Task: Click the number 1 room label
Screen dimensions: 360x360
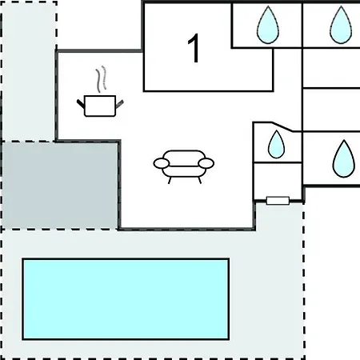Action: (194, 48)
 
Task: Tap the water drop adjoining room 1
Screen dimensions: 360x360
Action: (268, 25)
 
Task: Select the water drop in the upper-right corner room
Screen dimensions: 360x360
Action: (341, 25)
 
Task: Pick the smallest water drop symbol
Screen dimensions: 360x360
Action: (276, 144)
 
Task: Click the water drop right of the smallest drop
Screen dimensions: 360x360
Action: (344, 159)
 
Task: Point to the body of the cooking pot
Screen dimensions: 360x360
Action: (100, 106)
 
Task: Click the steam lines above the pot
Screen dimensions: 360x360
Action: (102, 79)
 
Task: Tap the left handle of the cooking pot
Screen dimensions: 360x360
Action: (81, 103)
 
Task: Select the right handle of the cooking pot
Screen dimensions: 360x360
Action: (119, 103)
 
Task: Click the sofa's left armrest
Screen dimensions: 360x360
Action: (162, 163)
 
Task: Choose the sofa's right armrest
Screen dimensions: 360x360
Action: (206, 163)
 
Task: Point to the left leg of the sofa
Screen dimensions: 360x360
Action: (170, 181)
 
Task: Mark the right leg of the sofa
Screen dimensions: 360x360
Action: (200, 181)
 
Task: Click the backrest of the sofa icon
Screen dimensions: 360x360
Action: (184, 158)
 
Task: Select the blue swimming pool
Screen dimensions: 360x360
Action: (126, 299)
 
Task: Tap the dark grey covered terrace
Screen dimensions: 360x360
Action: (60, 185)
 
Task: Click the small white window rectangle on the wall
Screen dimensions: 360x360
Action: (278, 201)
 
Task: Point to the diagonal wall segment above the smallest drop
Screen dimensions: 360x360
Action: (282, 126)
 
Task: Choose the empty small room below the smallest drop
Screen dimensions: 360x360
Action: (278, 181)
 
